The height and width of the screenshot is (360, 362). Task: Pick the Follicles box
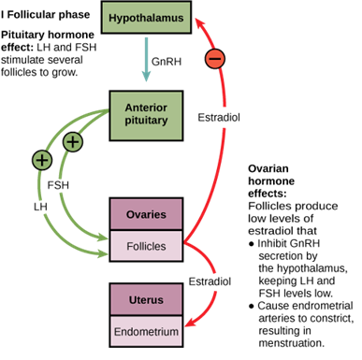[x=146, y=246]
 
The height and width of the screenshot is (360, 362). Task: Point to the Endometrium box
[x=145, y=331]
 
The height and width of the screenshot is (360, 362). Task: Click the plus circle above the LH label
[x=41, y=160]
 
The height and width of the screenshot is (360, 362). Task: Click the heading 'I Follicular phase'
[x=47, y=13]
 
